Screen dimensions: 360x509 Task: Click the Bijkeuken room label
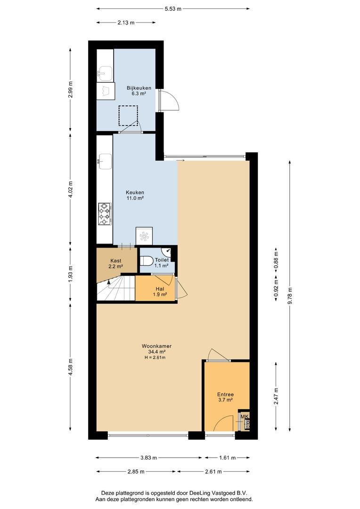tap(139, 88)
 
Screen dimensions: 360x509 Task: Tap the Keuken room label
tap(135, 192)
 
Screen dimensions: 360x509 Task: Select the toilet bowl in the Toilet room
tap(147, 261)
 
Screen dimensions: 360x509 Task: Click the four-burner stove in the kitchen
tap(105, 214)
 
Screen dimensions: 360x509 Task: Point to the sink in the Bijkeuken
tap(105, 74)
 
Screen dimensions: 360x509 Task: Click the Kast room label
tap(116, 261)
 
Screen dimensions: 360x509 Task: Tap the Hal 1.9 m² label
tap(160, 292)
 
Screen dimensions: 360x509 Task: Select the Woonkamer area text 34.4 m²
tap(157, 352)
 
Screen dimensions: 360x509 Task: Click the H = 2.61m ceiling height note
tap(155, 357)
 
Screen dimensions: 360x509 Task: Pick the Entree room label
tap(225, 395)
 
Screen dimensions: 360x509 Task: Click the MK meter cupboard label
tap(245, 417)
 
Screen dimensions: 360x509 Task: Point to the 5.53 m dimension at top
tap(173, 9)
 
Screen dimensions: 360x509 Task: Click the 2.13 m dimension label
tap(126, 23)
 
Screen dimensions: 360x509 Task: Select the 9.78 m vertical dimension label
tap(290, 296)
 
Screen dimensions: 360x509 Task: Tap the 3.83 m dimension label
tap(149, 458)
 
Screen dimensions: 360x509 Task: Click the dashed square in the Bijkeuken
tap(128, 115)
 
